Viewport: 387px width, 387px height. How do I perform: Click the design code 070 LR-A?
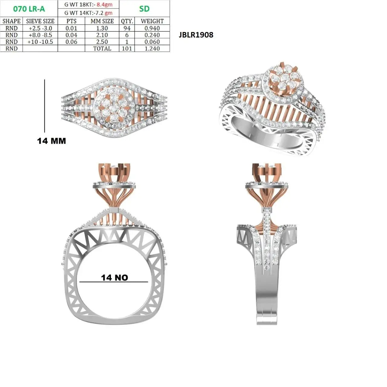tap(29, 9)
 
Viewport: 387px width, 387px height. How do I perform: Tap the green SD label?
tap(144, 9)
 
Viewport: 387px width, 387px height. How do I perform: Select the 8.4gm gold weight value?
tap(104, 5)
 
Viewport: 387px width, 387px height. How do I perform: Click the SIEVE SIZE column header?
tap(40, 21)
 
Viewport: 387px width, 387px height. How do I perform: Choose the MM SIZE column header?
tap(102, 21)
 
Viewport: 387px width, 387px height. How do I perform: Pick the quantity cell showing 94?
tap(127, 28)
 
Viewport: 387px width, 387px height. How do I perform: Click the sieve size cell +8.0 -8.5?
tap(41, 35)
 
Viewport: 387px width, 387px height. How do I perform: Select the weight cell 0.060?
tap(152, 42)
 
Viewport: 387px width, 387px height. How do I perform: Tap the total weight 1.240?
tap(152, 49)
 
